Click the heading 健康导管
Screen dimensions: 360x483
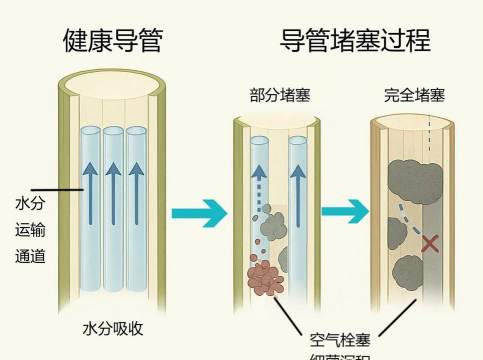click(112, 41)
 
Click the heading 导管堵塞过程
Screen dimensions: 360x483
click(355, 41)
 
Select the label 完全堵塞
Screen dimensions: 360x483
click(414, 96)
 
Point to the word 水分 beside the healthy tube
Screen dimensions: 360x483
click(28, 205)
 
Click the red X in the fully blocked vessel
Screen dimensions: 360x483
click(430, 242)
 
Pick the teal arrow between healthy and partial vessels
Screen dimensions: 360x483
click(194, 213)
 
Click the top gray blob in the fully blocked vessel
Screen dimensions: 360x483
click(409, 177)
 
